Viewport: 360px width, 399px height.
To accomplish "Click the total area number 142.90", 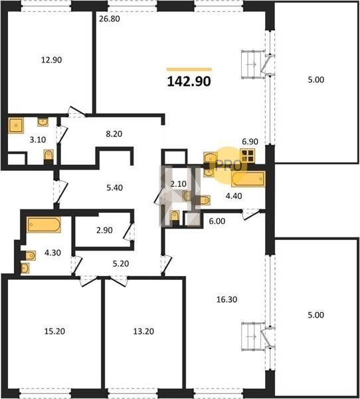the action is [x=189, y=81].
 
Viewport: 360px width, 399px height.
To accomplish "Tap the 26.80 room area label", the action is [x=110, y=19].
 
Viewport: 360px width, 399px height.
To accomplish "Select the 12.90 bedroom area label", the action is [x=51, y=60].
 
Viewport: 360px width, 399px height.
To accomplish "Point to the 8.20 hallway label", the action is [x=114, y=134].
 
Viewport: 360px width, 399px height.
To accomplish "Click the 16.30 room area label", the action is [x=226, y=299].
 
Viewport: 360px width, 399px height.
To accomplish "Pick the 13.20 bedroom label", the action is [x=143, y=331].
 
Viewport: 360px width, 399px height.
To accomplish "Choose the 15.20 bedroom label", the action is [x=54, y=331].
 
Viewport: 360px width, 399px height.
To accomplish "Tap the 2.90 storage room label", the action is [x=104, y=230].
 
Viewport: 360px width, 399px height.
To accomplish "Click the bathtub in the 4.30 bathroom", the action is [x=44, y=225].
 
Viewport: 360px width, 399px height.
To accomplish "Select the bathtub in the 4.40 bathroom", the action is [x=248, y=179].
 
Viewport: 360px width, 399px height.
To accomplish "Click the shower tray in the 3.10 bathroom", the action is [x=16, y=125].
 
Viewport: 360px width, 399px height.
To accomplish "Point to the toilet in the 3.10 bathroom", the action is [x=48, y=155].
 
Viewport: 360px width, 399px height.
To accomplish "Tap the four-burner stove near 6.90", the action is [x=248, y=156].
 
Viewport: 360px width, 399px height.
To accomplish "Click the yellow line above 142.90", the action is [x=189, y=69].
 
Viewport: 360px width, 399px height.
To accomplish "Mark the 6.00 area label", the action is [x=217, y=221].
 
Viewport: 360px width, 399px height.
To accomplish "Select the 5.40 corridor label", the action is [x=114, y=188].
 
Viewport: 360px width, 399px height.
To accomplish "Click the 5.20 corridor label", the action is [x=121, y=263].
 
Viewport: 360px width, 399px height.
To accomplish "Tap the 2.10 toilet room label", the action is [x=179, y=184].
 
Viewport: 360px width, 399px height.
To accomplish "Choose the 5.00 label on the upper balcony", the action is [x=316, y=80].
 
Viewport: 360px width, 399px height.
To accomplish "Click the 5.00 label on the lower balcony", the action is [x=316, y=315].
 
